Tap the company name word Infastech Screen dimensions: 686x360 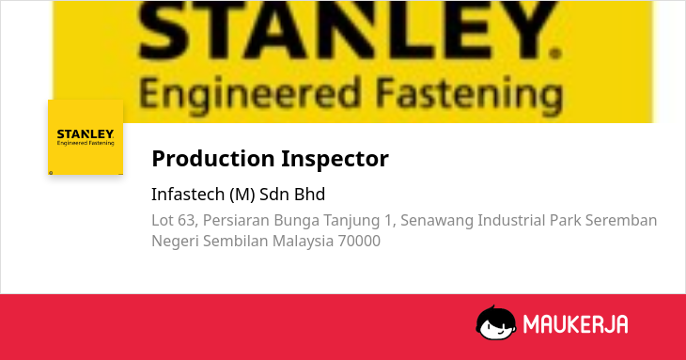coord(188,195)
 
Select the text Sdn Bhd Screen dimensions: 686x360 coord(292,195)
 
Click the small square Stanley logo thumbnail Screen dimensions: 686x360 coord(86,137)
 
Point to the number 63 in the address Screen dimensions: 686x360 coord(185,220)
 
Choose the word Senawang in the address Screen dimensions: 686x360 coord(437,221)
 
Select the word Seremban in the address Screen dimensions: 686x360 coord(621,220)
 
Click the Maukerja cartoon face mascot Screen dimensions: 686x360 coord(495,322)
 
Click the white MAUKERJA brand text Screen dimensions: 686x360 coord(576,324)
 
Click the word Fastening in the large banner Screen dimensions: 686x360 coord(469,94)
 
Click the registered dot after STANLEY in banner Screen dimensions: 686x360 coord(555,54)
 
